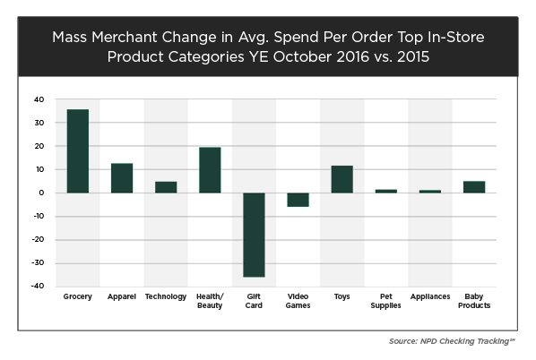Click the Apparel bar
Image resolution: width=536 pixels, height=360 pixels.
click(122, 177)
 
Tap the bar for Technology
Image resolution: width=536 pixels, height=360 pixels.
click(166, 187)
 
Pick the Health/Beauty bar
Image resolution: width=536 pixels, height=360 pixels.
click(210, 170)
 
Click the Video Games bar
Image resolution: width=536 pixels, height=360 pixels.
click(298, 200)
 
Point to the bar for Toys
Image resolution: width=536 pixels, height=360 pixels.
click(341, 179)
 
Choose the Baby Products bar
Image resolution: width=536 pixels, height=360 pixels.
click(474, 187)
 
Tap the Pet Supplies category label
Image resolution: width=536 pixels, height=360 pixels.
click(386, 301)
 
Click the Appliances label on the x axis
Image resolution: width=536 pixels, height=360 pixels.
click(430, 296)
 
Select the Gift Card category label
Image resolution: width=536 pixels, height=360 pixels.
click(254, 301)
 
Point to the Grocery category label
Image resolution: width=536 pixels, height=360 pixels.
click(77, 296)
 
